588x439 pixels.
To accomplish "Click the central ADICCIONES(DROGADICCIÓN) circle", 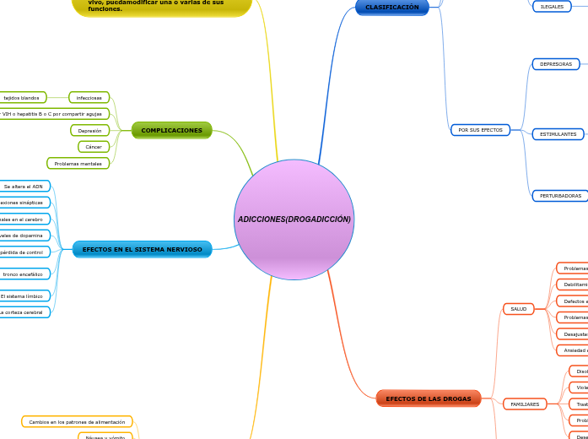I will (294, 219).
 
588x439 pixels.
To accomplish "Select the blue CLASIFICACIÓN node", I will (391, 7).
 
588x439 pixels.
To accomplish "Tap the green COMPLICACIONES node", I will (171, 130).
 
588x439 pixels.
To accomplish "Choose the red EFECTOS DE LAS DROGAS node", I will (429, 398).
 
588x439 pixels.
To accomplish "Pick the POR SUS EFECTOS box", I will (480, 130).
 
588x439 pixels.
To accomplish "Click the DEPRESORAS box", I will (555, 64).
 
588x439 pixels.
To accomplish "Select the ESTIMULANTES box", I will (558, 134).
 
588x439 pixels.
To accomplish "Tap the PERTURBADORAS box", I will (560, 196).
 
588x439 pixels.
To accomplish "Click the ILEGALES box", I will (552, 7).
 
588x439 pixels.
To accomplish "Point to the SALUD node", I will (518, 309).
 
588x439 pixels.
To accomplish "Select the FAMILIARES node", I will (524, 404).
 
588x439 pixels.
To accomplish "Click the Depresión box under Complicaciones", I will (89, 131).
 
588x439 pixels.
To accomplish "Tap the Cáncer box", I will (93, 147).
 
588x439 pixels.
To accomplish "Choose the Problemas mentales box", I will (78, 164).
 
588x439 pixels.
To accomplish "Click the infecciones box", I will (89, 98).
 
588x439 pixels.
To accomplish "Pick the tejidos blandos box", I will (21, 98).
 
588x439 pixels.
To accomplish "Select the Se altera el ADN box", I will (24, 187).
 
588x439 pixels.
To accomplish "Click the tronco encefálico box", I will (24, 274).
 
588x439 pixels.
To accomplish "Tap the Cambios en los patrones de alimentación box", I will (77, 421).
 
